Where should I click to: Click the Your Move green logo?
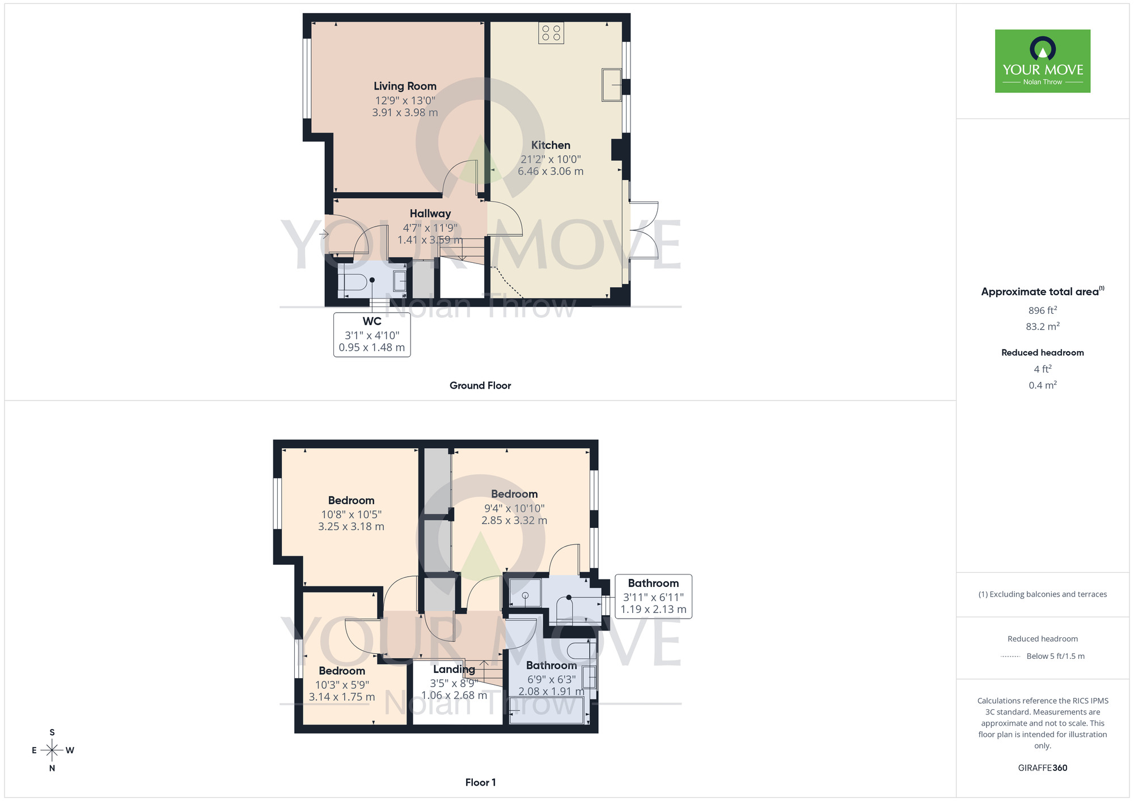(1042, 61)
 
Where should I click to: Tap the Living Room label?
(405, 86)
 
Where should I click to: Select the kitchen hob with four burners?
(551, 33)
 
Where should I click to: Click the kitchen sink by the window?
(611, 85)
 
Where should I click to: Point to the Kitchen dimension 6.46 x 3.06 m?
(550, 172)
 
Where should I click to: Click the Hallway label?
(430, 214)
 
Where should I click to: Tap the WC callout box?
(372, 334)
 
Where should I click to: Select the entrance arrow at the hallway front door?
(324, 233)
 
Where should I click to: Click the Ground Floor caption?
(480, 385)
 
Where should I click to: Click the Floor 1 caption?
(480, 782)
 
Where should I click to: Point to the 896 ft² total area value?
(1042, 310)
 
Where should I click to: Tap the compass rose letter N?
(52, 768)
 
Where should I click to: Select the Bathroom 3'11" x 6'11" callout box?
(653, 596)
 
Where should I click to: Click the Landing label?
(454, 670)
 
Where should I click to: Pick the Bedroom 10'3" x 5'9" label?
(341, 671)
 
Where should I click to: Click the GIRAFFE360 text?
(1042, 768)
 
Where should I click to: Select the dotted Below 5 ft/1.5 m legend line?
(1010, 657)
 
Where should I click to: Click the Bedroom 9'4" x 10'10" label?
(514, 495)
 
